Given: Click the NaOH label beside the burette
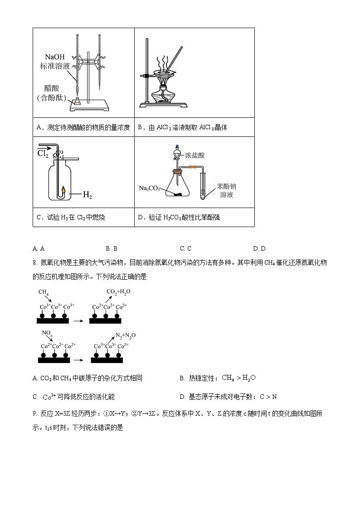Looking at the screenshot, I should pos(55,57).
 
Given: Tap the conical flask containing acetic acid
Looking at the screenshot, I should pos(78,102).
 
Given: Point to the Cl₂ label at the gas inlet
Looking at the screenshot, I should pos(43,154).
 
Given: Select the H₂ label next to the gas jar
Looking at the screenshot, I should pos(88,195).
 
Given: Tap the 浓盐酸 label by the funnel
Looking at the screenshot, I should pos(195,155).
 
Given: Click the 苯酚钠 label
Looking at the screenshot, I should pos(227,186).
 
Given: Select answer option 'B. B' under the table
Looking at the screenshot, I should pos(112,248).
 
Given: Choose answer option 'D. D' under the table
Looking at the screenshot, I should pos(259,248).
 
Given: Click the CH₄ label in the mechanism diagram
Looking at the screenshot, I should pos(44,292).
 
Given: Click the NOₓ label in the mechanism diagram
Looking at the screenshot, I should pos(47,333).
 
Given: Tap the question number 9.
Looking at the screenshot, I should pos(34,413).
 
